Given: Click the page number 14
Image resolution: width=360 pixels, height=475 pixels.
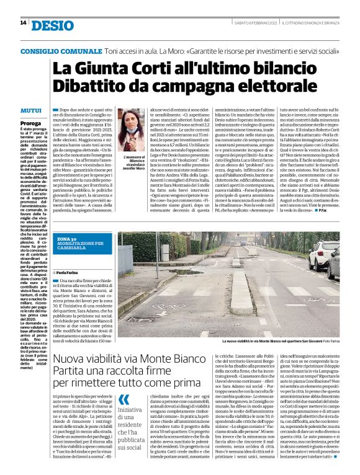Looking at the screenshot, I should [23, 22].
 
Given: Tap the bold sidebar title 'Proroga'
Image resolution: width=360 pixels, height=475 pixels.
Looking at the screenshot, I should [30, 123].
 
